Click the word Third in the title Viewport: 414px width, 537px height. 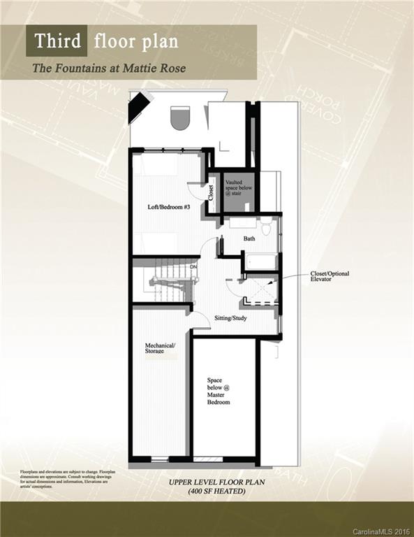click(57, 41)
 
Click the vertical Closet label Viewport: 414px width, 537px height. click(212, 192)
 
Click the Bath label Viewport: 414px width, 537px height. click(249, 238)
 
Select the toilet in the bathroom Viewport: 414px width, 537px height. click(266, 228)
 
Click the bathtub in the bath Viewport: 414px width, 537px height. click(260, 263)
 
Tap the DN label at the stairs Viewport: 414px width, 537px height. click(193, 266)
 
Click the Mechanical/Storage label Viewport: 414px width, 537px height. click(160, 348)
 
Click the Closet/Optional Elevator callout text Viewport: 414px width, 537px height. click(330, 276)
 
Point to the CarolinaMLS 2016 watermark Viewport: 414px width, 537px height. click(381, 531)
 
